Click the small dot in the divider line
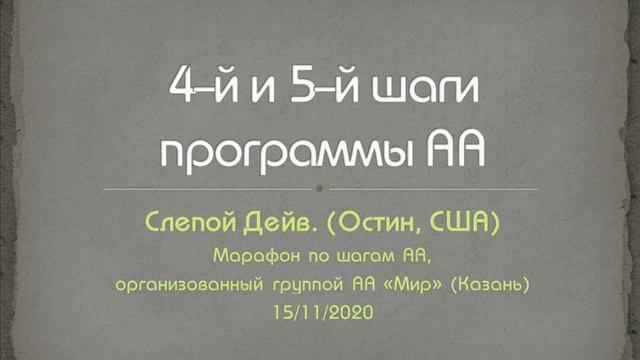point(319,188)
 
